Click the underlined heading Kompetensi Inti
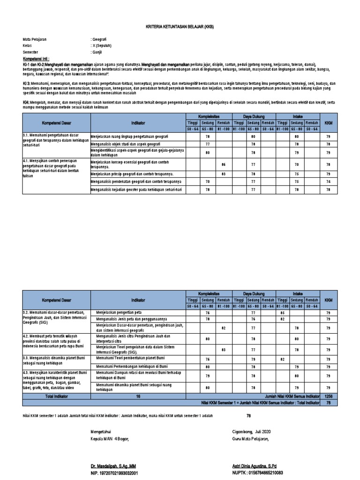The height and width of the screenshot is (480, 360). point(37,59)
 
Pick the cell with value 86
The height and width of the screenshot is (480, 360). point(223,165)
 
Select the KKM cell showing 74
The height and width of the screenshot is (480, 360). point(328,181)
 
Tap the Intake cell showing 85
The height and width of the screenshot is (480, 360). point(282,312)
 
